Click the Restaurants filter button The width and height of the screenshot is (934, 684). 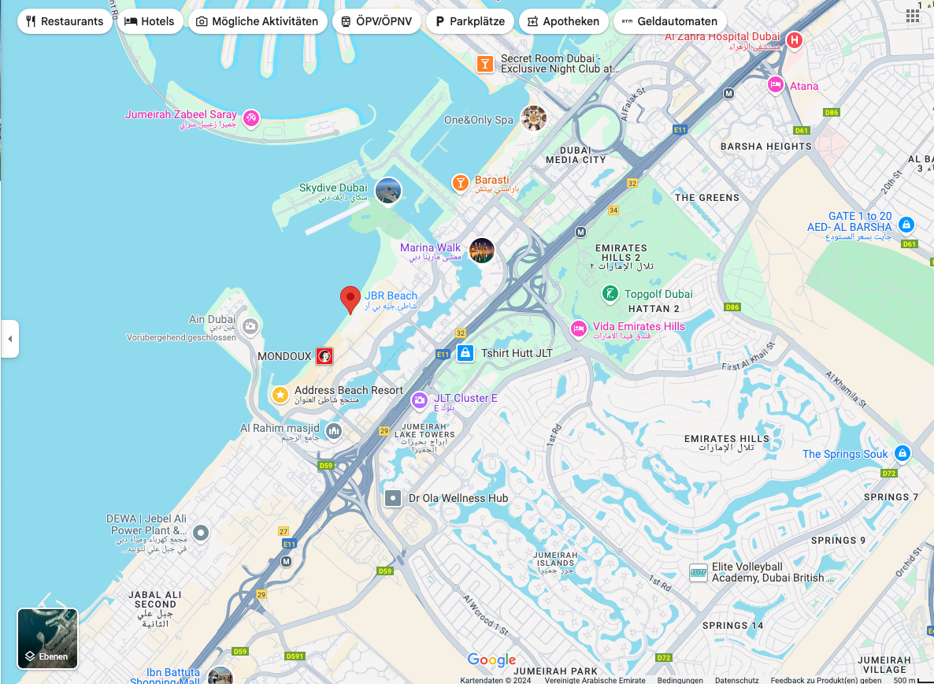tap(65, 21)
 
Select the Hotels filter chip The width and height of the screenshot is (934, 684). tap(150, 21)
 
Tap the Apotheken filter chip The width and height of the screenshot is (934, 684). tap(563, 21)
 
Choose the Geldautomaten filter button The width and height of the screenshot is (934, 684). tap(669, 21)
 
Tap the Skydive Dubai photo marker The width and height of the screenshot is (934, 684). tap(388, 191)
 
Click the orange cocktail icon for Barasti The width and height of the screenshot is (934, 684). tap(461, 183)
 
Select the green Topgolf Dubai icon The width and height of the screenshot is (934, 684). tap(610, 294)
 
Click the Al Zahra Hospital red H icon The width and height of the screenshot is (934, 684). tap(795, 39)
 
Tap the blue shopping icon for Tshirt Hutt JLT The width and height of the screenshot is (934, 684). tap(465, 353)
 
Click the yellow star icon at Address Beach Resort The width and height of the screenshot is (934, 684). tap(280, 394)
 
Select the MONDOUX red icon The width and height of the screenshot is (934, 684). tap(324, 356)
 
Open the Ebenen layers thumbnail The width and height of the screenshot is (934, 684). tap(47, 638)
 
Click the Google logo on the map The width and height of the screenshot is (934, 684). tap(491, 660)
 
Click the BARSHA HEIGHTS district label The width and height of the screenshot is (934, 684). tap(765, 147)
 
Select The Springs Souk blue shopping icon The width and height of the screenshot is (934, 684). tap(902, 454)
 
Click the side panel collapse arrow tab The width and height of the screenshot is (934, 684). tap(9, 339)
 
